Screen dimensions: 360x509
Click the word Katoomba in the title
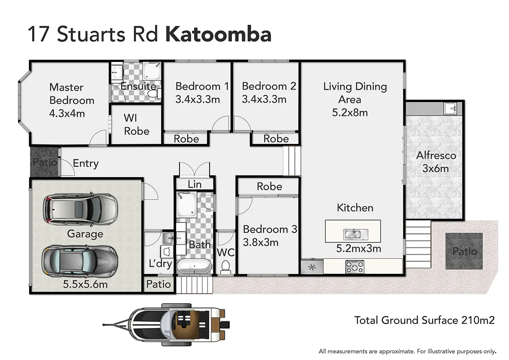tap(218, 34)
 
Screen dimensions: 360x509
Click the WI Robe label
tap(136, 124)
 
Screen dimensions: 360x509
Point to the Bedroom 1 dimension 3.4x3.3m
tap(198, 99)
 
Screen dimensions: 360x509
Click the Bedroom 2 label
tap(269, 86)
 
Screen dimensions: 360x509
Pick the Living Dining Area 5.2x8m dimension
tap(350, 112)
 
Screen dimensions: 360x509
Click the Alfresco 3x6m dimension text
tap(435, 168)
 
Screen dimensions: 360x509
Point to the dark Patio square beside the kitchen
tap(464, 251)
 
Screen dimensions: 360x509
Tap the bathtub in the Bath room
tap(194, 266)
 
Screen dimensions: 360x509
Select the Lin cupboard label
tap(194, 184)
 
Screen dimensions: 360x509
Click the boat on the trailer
tap(176, 323)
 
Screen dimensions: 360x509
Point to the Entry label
tap(86, 163)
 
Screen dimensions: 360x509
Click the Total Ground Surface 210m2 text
tap(424, 320)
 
